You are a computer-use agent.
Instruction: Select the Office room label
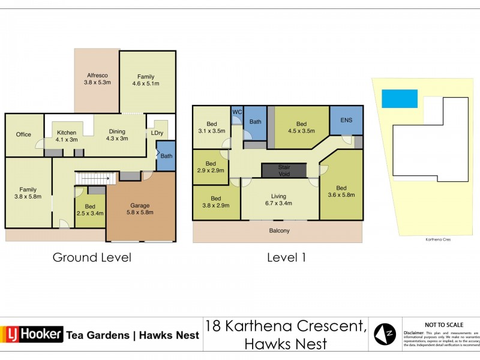click(23, 134)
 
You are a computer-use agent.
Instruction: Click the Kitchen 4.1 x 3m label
click(67, 136)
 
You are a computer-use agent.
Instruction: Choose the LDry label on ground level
click(157, 133)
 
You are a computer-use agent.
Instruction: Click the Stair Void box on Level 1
click(284, 170)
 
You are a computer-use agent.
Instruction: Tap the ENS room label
click(346, 120)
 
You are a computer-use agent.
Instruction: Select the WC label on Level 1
click(236, 112)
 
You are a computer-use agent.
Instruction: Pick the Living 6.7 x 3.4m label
click(278, 200)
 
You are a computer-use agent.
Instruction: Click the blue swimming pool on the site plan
click(399, 98)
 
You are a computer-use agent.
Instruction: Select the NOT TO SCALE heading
click(442, 324)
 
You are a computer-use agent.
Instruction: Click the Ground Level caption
click(92, 257)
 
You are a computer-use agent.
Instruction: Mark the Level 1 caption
click(286, 257)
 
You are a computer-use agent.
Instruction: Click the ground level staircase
click(94, 178)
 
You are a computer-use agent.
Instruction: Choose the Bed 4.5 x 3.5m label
click(301, 127)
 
